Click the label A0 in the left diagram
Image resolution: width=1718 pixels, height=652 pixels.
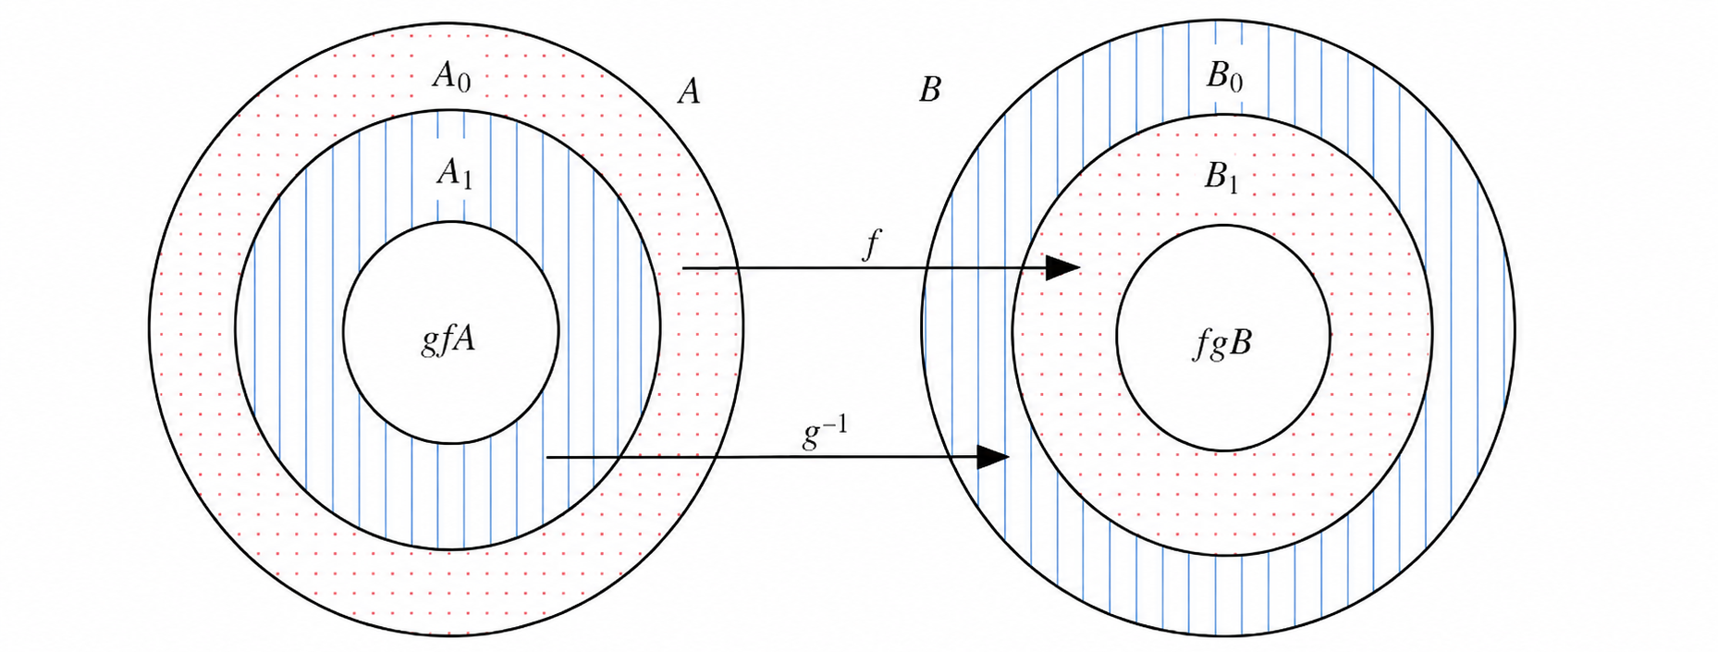[451, 77]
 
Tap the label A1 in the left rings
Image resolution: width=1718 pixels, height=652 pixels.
[454, 173]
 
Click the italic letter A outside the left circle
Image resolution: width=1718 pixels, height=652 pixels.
[688, 91]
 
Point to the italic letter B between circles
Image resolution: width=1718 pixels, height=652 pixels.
[929, 91]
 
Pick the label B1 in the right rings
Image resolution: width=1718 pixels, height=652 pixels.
[1221, 176]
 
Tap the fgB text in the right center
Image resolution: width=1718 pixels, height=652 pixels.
[1222, 344]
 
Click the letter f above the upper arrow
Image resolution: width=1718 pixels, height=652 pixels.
[870, 245]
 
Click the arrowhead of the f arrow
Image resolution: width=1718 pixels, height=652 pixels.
[1063, 268]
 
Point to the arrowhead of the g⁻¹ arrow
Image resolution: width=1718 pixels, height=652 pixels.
[992, 457]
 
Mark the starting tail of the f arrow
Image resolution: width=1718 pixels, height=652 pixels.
[682, 268]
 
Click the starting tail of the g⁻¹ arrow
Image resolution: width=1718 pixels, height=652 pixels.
[546, 457]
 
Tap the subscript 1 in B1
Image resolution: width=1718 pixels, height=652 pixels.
[1233, 183]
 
